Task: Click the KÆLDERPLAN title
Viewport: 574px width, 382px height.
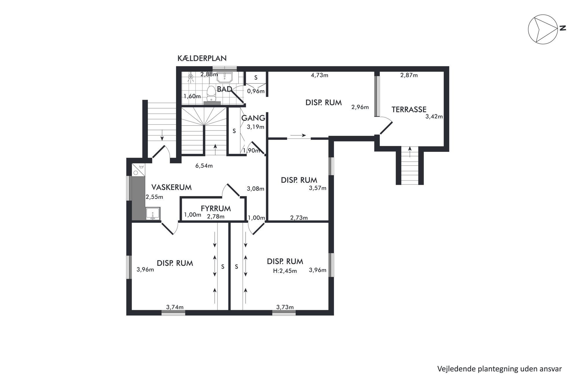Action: (x=202, y=58)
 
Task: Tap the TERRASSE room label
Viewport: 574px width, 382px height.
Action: (x=409, y=109)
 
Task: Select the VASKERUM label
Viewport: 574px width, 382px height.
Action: (x=172, y=187)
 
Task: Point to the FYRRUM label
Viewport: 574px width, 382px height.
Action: (x=216, y=208)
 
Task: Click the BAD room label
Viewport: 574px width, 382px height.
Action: (x=225, y=89)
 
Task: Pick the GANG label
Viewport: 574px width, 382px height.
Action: (x=253, y=118)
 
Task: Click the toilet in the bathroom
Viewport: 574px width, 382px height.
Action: (x=211, y=94)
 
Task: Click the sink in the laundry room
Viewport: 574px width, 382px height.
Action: (x=153, y=214)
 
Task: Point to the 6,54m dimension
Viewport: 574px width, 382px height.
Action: (x=204, y=166)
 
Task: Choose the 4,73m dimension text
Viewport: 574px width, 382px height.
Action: (x=319, y=75)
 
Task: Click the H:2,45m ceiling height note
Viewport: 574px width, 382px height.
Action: (x=285, y=271)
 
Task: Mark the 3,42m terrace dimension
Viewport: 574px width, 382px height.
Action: (x=434, y=117)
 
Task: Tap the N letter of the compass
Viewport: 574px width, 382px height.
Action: (x=562, y=28)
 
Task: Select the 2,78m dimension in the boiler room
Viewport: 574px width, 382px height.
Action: (x=216, y=217)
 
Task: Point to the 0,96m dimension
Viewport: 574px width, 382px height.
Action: (x=256, y=91)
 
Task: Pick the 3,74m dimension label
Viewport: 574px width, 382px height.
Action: (x=175, y=307)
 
